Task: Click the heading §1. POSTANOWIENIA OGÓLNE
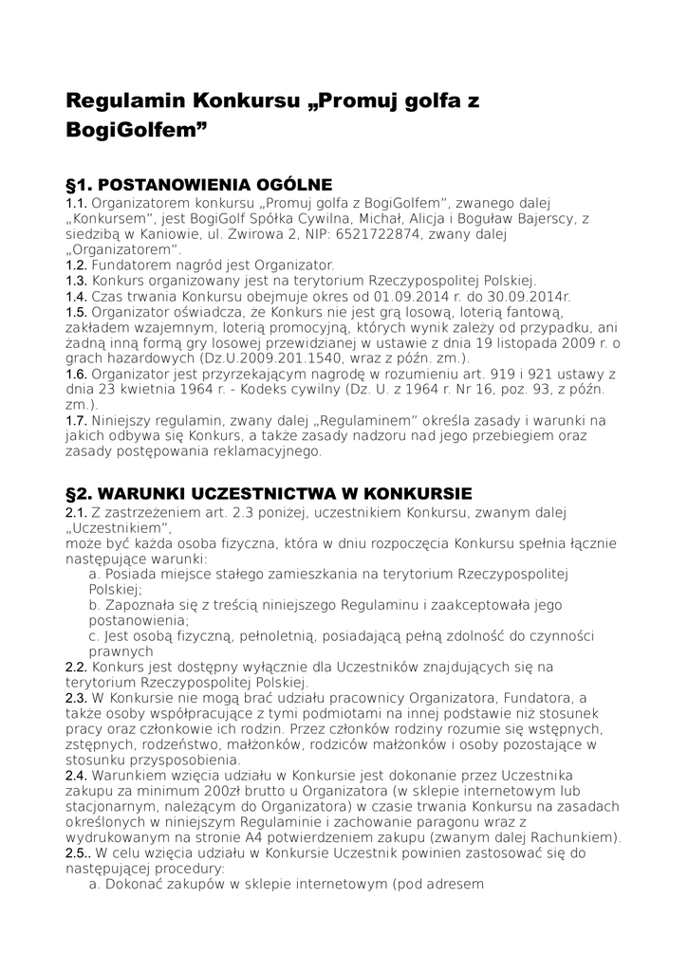198,184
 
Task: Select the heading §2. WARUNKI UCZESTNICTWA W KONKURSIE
269,494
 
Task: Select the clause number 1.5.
76,311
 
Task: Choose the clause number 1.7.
76,420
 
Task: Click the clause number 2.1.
76,513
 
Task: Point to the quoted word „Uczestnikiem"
118,528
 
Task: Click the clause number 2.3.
76,698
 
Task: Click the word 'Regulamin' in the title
123,99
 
